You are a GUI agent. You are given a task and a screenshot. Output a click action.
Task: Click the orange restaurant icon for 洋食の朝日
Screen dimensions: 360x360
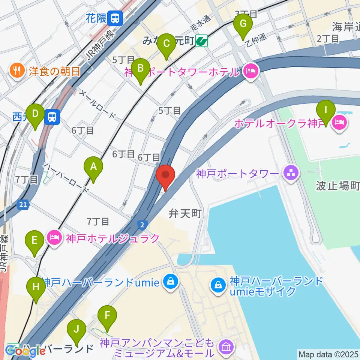pos(17,70)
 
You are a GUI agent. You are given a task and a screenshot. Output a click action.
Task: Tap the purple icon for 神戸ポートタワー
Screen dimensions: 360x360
pos(292,173)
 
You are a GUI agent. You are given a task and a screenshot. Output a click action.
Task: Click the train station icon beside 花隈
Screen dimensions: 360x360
pos(115,17)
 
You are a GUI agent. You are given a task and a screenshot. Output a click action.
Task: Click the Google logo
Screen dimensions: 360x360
pos(25,351)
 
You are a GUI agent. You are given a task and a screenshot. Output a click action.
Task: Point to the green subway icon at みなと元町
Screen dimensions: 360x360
pos(202,40)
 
